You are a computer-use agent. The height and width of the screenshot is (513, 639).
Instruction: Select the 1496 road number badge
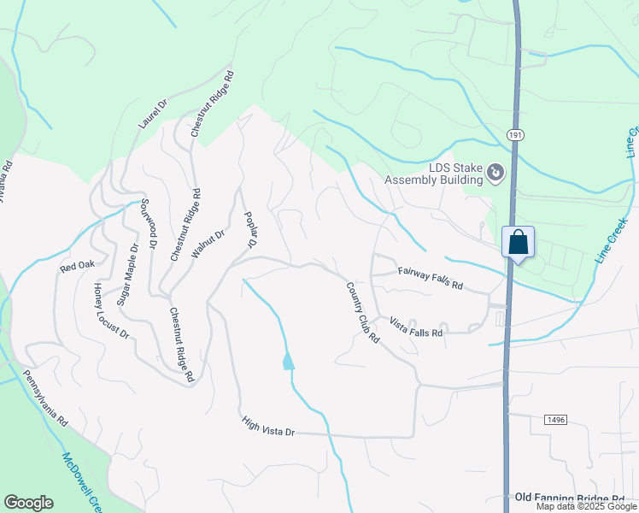tap(555, 419)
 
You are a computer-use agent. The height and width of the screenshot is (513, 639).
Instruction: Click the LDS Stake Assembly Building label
tap(432, 174)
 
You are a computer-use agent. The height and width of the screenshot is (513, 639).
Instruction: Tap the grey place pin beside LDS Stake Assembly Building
tap(495, 174)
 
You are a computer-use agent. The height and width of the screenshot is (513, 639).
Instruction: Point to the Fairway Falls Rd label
tap(430, 278)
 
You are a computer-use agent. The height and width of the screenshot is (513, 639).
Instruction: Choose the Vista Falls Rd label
tap(416, 327)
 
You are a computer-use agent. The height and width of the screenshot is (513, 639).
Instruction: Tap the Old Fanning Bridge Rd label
tap(570, 498)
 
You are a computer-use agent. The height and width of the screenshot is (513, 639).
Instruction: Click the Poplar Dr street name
tap(250, 230)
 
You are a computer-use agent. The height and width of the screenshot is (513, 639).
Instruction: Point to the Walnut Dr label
tap(208, 245)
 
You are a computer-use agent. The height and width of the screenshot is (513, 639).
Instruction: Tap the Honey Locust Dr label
tap(111, 310)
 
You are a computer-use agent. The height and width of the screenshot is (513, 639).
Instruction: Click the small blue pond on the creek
tap(288, 361)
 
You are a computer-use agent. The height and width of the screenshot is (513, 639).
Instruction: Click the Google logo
tap(28, 503)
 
